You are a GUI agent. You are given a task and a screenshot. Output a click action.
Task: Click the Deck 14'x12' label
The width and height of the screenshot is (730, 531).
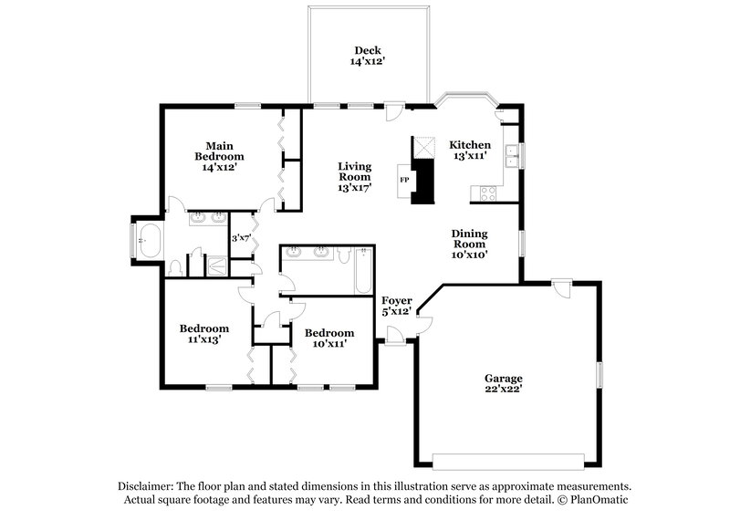pyautogui.click(x=369, y=56)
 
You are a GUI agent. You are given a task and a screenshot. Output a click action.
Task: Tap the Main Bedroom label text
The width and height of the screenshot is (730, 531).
pyautogui.click(x=219, y=156)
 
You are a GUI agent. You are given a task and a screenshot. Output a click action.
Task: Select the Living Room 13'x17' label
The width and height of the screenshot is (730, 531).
pyautogui.click(x=355, y=177)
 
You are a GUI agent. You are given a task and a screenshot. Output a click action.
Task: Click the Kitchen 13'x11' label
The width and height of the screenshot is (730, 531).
pyautogui.click(x=470, y=151)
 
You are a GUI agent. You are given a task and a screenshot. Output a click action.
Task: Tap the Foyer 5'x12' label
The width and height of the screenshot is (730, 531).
pyautogui.click(x=397, y=306)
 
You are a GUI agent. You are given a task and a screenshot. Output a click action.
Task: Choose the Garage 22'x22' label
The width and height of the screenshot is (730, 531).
pyautogui.click(x=503, y=383)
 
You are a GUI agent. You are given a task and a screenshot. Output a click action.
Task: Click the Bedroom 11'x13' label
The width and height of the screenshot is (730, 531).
pyautogui.click(x=203, y=334)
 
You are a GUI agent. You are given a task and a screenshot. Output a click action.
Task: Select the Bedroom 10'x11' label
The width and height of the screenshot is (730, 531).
pyautogui.click(x=329, y=338)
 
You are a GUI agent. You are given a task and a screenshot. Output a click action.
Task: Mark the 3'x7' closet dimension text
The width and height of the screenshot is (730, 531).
pyautogui.click(x=241, y=238)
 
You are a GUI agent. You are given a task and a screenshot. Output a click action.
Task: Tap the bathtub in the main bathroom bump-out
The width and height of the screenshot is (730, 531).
pyautogui.click(x=146, y=243)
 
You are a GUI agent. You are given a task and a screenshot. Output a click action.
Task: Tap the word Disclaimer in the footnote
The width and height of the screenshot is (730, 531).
pyautogui.click(x=145, y=486)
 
